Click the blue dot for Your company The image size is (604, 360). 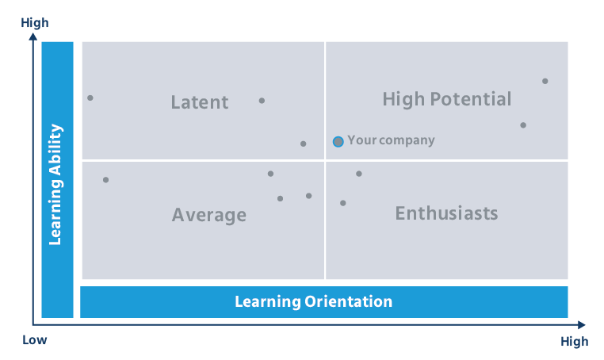coord(338,141)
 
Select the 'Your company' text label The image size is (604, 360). coord(391,140)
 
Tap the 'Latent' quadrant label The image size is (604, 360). coord(200,102)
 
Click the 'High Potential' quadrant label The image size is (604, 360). coord(446,99)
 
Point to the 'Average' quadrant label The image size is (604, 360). coord(209,215)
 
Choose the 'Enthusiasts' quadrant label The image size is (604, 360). coord(446,213)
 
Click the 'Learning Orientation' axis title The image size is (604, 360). coord(313,301)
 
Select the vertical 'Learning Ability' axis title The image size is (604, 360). coord(56,184)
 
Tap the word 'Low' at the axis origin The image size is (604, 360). coord(35,340)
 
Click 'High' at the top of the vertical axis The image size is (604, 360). coord(35,23)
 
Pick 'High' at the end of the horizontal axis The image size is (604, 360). coord(574,342)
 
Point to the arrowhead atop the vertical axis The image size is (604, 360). coord(32,37)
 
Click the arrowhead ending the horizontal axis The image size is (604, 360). coord(581,324)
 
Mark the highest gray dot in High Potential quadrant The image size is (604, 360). coord(545,81)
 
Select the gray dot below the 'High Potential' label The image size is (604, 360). coord(523,125)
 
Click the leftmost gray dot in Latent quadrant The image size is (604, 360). coord(90,98)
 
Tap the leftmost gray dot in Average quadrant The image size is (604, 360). coord(105,180)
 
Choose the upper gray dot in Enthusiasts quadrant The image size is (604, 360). coord(358,174)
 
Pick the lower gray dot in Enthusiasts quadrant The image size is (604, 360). coord(343,203)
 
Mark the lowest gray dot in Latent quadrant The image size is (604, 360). coord(304,144)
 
